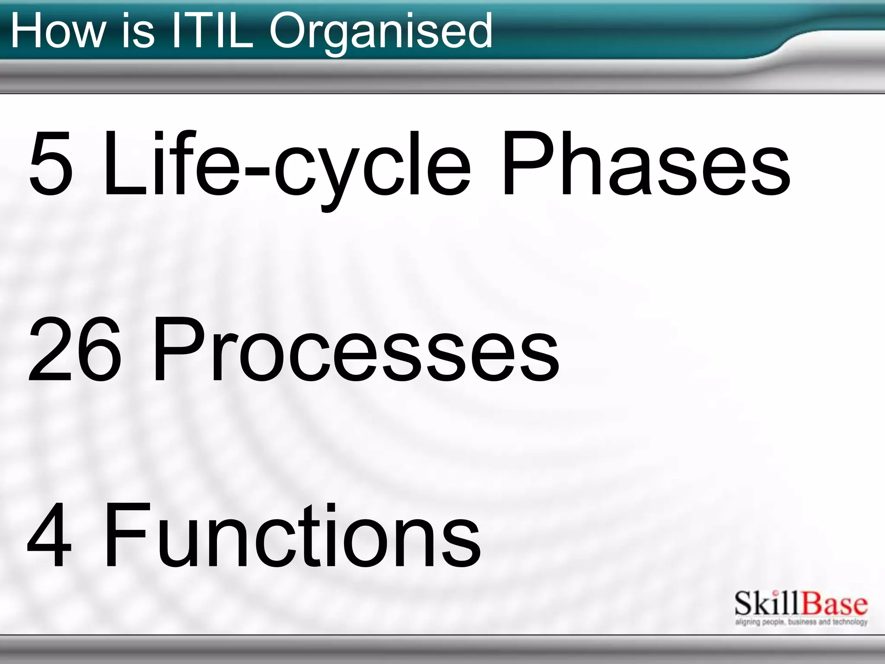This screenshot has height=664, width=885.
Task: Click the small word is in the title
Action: click(137, 31)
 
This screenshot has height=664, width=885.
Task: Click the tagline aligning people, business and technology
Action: click(801, 622)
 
